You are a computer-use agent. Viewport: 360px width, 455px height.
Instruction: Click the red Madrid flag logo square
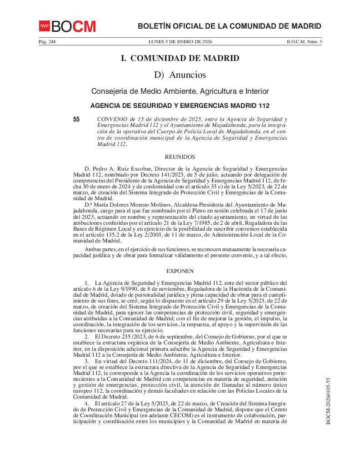pyautogui.click(x=44, y=26)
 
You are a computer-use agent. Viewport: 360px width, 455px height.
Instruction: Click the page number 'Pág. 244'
pyautogui.click(x=46, y=42)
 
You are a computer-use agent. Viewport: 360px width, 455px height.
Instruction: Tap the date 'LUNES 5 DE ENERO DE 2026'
pyautogui.click(x=180, y=42)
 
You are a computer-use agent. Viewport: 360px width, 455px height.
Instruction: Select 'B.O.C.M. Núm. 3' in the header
pyautogui.click(x=304, y=42)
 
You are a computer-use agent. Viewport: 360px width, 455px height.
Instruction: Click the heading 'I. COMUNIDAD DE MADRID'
pyautogui.click(x=180, y=58)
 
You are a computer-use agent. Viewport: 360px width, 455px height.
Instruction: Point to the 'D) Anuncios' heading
pyautogui.click(x=180, y=75)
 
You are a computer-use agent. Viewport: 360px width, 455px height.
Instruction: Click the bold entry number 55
pyautogui.click(x=76, y=120)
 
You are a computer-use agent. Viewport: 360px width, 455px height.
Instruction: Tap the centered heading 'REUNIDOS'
pyautogui.click(x=180, y=157)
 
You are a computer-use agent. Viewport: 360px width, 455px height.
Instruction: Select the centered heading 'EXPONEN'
pyautogui.click(x=180, y=271)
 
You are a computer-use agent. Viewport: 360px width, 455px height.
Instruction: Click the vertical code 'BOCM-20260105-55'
pyautogui.click(x=328, y=400)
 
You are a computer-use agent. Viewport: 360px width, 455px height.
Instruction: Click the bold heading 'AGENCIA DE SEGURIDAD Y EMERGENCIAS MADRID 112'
pyautogui.click(x=180, y=106)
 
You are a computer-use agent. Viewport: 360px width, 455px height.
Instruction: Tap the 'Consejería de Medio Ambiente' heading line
pyautogui.click(x=180, y=91)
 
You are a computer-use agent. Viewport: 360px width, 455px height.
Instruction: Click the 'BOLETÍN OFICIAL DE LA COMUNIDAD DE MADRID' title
pyautogui.click(x=230, y=26)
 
